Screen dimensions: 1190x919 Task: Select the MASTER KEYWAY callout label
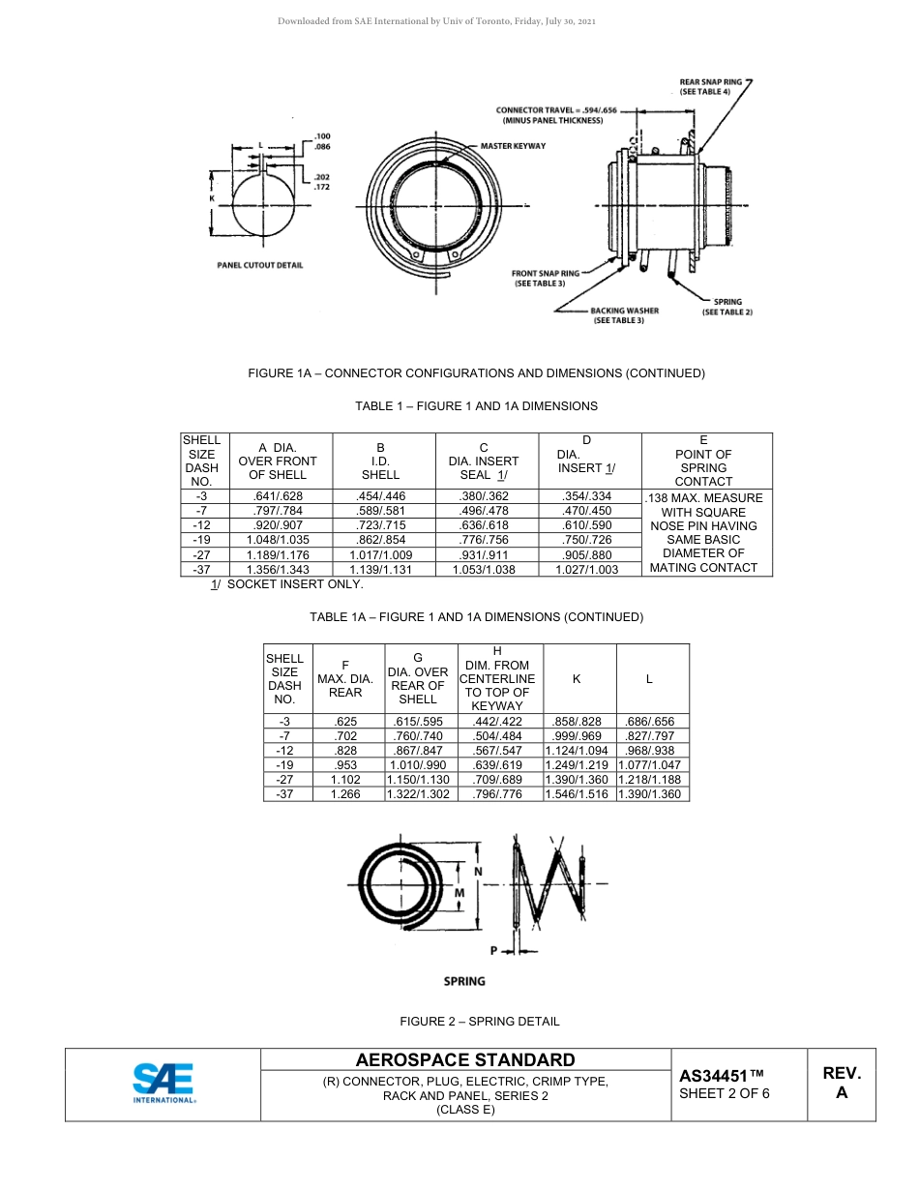click(x=513, y=146)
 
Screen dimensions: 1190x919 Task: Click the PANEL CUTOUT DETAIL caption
click(x=259, y=265)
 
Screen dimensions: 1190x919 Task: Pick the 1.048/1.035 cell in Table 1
click(x=278, y=540)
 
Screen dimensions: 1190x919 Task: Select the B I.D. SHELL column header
click(x=380, y=461)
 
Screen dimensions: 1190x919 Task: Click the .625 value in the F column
click(x=344, y=722)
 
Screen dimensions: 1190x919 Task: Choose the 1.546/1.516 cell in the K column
click(x=578, y=794)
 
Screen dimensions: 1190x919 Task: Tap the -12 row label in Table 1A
click(x=284, y=751)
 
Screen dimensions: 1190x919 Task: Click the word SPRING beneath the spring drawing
click(x=464, y=981)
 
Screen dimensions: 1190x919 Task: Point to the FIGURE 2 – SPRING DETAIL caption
click(x=480, y=1021)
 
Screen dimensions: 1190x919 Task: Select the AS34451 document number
click(x=722, y=1076)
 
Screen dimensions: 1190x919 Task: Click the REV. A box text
click(x=842, y=1083)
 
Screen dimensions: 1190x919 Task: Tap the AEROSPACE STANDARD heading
click(x=465, y=1060)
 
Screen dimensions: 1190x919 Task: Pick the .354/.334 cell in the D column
click(x=586, y=496)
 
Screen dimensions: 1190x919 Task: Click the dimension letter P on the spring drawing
click(x=492, y=951)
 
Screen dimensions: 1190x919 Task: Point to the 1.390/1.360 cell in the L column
click(x=649, y=794)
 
